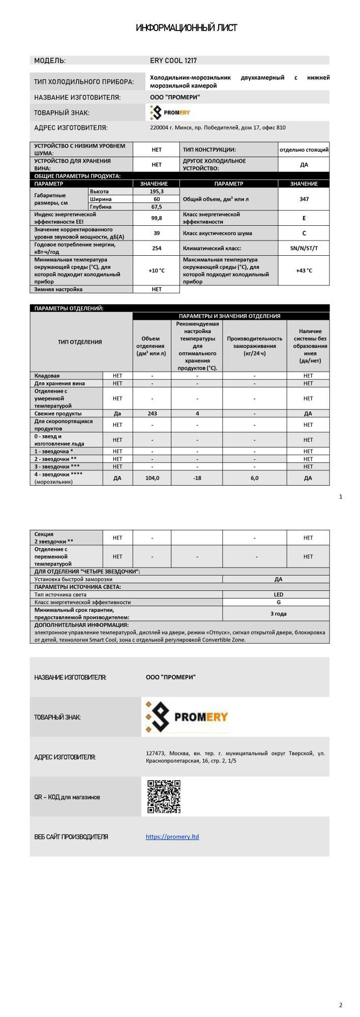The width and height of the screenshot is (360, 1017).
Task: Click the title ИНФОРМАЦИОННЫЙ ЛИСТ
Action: point(186,28)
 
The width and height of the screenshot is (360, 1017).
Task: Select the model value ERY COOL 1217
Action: point(173,61)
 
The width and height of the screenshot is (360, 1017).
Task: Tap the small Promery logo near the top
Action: point(170,112)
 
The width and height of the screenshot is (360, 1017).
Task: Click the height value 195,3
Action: point(156,191)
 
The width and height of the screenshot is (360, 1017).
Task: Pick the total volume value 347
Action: point(304,199)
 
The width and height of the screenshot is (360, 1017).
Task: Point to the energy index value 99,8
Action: point(156,218)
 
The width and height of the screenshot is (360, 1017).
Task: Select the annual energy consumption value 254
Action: point(156,248)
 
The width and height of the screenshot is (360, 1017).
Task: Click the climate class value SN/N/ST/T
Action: point(304,248)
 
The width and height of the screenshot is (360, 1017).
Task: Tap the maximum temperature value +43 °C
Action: point(304,271)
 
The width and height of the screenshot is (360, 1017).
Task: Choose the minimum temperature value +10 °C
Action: point(156,271)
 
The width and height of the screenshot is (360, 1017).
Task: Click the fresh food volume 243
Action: point(152,413)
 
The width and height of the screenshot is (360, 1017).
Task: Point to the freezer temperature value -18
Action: point(197,478)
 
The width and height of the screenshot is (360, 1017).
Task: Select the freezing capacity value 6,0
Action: point(254,478)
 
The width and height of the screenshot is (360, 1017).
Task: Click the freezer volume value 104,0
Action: point(152,478)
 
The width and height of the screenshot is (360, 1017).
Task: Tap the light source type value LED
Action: point(278,594)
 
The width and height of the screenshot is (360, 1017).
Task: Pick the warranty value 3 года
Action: point(278,614)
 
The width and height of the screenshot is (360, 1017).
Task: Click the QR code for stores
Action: point(164,797)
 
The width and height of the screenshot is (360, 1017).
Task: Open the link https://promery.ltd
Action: point(172,836)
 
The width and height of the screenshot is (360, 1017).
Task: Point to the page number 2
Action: point(341,1005)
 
